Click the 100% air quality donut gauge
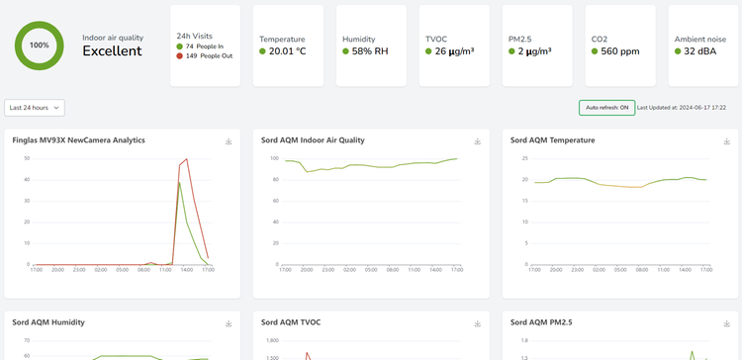(x=40, y=45)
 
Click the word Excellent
(x=112, y=51)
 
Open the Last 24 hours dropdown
(x=35, y=107)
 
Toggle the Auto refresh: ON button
(x=606, y=107)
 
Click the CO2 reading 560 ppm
(x=618, y=51)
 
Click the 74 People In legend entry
(x=203, y=46)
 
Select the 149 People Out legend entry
(x=206, y=57)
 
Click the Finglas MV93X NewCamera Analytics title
(x=79, y=140)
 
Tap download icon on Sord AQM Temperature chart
(x=726, y=141)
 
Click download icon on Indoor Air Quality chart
(x=477, y=141)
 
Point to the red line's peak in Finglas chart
(x=186, y=158)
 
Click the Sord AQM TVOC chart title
(x=291, y=321)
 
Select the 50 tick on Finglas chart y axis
(x=27, y=158)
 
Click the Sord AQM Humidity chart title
(x=47, y=321)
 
